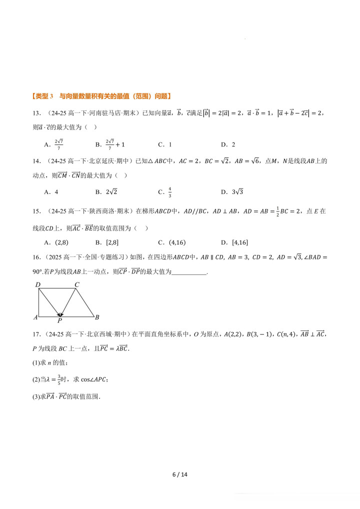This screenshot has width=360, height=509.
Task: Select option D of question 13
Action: click(227, 144)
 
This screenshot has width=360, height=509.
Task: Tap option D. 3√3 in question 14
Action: click(231, 191)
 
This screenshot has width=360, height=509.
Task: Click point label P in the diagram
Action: click(59, 320)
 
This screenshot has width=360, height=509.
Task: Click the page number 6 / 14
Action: click(179, 474)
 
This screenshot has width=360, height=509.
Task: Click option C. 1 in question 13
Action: click(164, 144)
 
